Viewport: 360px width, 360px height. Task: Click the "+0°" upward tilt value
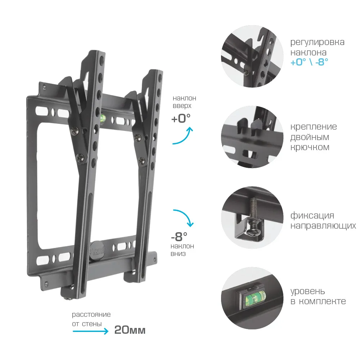tap(181, 118)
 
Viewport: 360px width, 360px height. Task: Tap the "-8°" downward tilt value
tap(179, 237)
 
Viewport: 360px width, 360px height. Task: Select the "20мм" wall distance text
tap(130, 330)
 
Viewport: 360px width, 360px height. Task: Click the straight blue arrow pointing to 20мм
tap(90, 331)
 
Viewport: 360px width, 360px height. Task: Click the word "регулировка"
tap(317, 42)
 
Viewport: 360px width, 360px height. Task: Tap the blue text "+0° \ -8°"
tap(309, 62)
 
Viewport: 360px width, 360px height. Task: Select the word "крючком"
tap(310, 147)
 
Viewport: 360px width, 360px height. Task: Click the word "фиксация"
tap(312, 216)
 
